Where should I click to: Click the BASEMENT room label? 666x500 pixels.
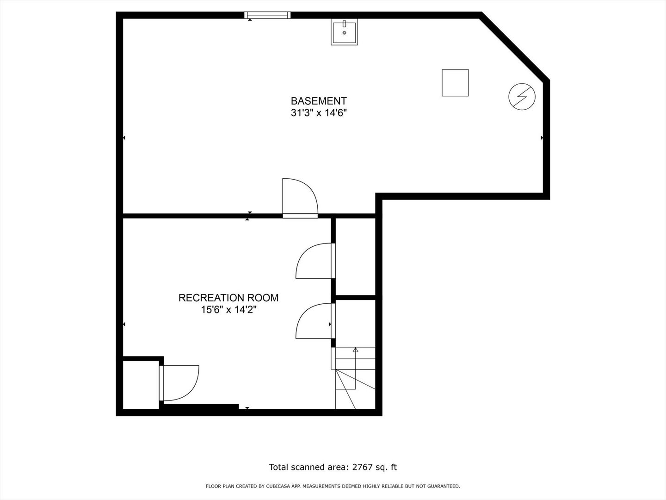tap(319, 101)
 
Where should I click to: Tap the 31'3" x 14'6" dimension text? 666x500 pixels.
tap(319, 113)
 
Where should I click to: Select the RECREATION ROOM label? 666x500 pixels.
tap(228, 298)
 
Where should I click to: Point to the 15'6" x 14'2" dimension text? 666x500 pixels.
tap(228, 310)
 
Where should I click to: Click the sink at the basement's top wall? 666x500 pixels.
tap(344, 32)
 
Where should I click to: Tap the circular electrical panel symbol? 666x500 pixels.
tap(522, 97)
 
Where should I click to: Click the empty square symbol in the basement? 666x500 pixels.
tap(455, 83)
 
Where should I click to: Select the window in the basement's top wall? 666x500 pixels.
tap(267, 15)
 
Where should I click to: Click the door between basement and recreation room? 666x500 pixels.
tap(300, 198)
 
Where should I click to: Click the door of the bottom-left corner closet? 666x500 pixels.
tap(179, 383)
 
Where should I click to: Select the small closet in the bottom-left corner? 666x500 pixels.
tap(141, 384)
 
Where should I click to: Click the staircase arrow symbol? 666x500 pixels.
tap(355, 350)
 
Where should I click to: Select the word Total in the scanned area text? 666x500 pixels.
tap(279, 467)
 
